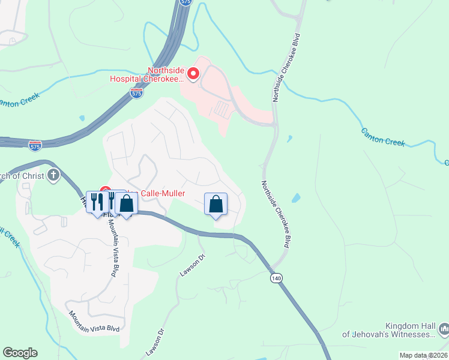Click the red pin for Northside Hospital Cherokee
point(193,74)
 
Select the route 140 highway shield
point(276,278)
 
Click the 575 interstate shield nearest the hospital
point(136,93)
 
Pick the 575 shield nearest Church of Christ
point(35,145)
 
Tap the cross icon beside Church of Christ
point(53,175)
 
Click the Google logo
point(20,353)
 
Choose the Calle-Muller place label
point(162,193)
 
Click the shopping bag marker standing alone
point(216,205)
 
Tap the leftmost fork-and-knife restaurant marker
point(94,202)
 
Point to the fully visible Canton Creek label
point(383,137)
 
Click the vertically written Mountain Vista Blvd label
point(112,245)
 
